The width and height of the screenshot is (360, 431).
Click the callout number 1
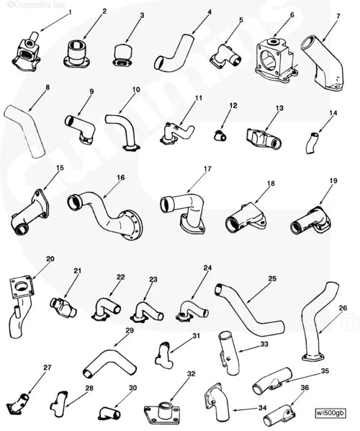point(70,12)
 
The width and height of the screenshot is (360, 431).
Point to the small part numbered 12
point(219,134)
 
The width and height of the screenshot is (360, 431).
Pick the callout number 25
point(273,278)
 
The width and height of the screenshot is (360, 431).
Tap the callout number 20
point(50,259)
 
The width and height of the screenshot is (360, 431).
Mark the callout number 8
point(47,88)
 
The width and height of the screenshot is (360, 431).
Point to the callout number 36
point(305,388)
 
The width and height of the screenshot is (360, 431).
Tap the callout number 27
point(48,368)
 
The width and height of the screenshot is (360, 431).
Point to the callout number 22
point(121,277)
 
